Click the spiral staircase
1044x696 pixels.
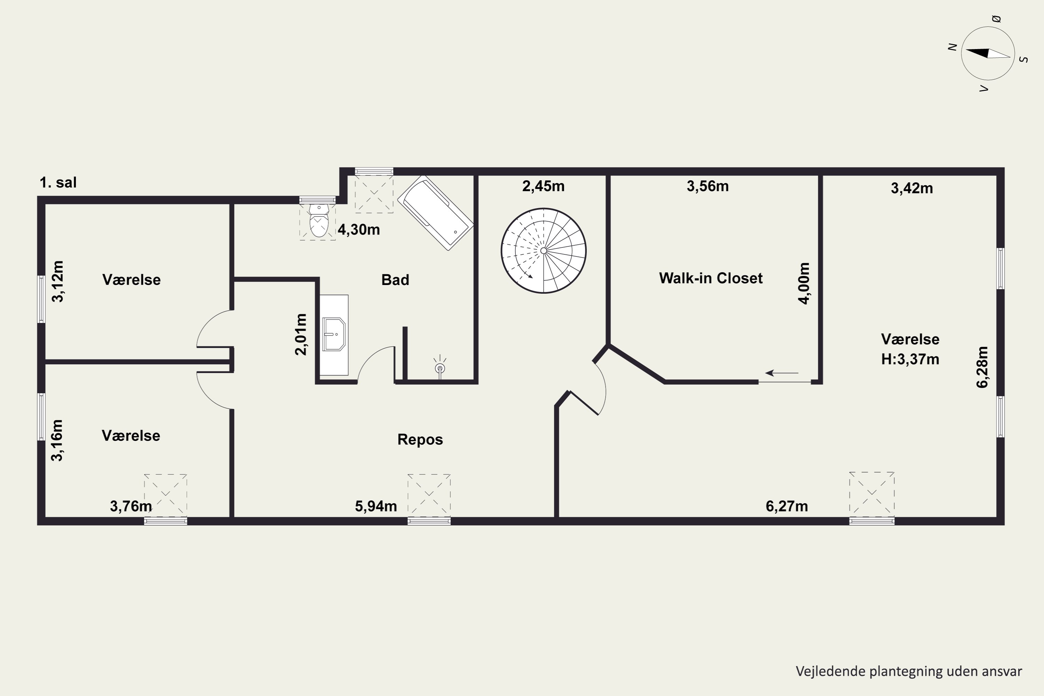543,251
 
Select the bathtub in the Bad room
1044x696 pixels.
435,213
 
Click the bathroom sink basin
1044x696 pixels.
334,334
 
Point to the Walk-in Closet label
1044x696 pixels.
711,278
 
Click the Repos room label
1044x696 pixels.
420,440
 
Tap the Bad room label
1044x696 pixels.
395,280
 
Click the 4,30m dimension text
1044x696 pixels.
359,230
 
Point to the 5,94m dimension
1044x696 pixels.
376,506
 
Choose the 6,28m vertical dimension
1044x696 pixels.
982,367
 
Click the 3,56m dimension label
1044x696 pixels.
707,187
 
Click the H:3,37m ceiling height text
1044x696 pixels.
910,359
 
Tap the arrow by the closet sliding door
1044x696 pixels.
782,373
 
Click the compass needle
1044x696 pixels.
988,54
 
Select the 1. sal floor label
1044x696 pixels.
58,182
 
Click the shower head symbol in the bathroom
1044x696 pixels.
440,367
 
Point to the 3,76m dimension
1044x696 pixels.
131,506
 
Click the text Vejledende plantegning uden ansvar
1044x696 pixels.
909,672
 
